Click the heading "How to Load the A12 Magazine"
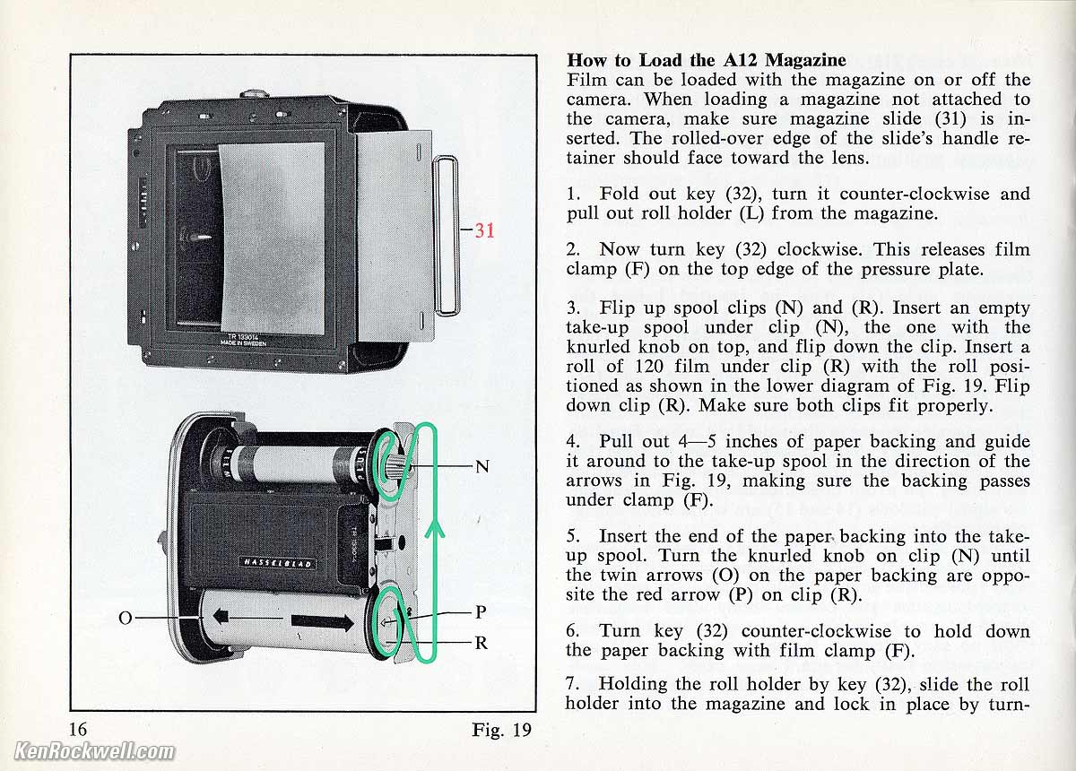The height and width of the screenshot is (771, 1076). pos(707,60)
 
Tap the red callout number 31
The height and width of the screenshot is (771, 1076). pos(484,230)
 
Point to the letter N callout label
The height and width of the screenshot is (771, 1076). pos(482,466)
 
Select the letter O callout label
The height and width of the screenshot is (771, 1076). pos(126,618)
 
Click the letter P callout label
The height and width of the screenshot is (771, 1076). pos(481,612)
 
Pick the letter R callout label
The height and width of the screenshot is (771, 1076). pos(482,642)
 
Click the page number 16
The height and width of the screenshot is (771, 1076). pos(78,729)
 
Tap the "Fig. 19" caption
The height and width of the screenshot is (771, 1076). pos(501,730)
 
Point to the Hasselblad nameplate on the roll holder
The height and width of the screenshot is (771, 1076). pos(278,563)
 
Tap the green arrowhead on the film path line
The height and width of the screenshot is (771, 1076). pos(434,530)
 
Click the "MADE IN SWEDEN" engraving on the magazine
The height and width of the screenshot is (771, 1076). pos(243,342)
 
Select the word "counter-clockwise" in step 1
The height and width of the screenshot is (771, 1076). pos(914,194)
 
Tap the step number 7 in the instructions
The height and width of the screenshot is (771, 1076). pos(570,684)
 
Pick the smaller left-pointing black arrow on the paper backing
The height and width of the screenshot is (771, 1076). pos(221,616)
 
